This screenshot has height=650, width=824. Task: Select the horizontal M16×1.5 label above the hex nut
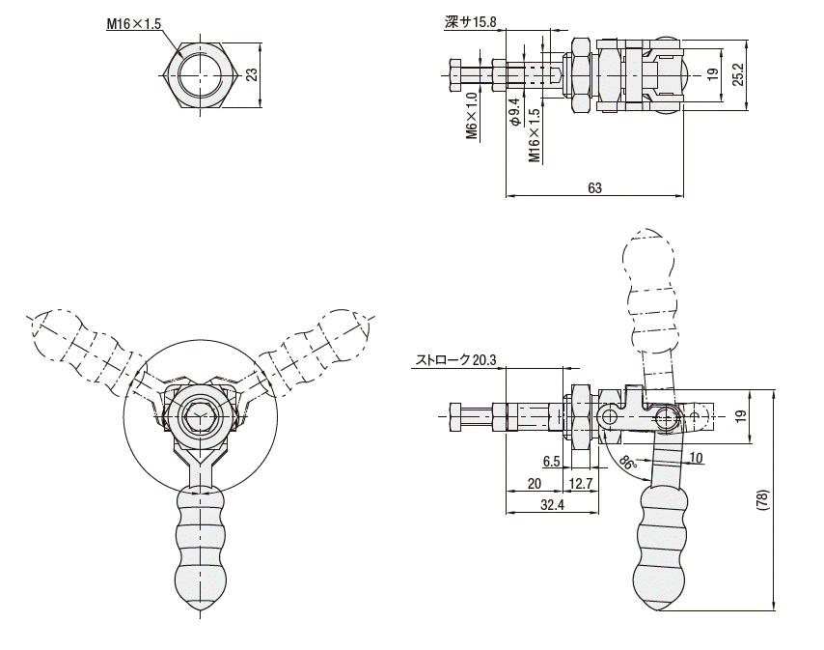pyautogui.click(x=134, y=24)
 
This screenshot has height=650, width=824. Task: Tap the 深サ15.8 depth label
pyautogui.click(x=470, y=21)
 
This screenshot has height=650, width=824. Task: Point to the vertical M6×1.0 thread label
pyautogui.click(x=472, y=116)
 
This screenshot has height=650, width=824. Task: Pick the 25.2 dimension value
pyautogui.click(x=738, y=73)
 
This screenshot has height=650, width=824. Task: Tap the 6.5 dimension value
pyautogui.click(x=551, y=462)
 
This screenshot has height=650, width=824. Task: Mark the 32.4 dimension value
pyautogui.click(x=553, y=504)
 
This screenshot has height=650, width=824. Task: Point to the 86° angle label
pyautogui.click(x=628, y=464)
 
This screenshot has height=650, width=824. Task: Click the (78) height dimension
pyautogui.click(x=763, y=499)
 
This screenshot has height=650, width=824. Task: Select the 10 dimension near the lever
pyautogui.click(x=697, y=457)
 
